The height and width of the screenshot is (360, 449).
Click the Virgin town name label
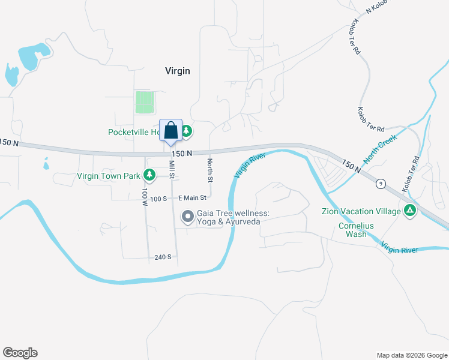tap(178, 71)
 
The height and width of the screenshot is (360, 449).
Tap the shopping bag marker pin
tap(170, 130)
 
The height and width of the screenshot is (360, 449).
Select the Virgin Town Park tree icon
tap(149, 176)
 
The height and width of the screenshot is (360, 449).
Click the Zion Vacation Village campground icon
tap(410, 211)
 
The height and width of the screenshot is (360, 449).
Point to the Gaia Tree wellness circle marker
tap(188, 216)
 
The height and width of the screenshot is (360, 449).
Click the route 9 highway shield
tap(381, 183)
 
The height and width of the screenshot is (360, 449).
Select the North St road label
tap(210, 170)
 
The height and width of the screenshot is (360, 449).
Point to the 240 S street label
tap(163, 257)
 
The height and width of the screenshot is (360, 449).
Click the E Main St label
tap(192, 197)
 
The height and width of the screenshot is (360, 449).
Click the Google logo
tap(20, 353)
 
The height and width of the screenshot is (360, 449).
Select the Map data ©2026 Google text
tap(411, 355)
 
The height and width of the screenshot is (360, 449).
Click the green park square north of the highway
tap(145, 102)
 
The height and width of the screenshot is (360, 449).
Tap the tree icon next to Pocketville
tap(186, 130)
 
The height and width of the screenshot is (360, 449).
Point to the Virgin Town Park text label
tap(109, 176)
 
